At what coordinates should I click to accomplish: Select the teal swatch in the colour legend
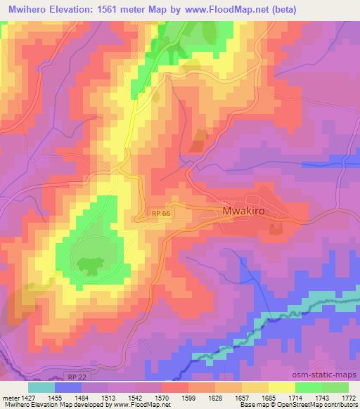[x=41, y=387]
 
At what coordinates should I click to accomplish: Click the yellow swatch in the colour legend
[x=281, y=387]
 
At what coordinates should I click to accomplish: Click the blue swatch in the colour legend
[x=67, y=387]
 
